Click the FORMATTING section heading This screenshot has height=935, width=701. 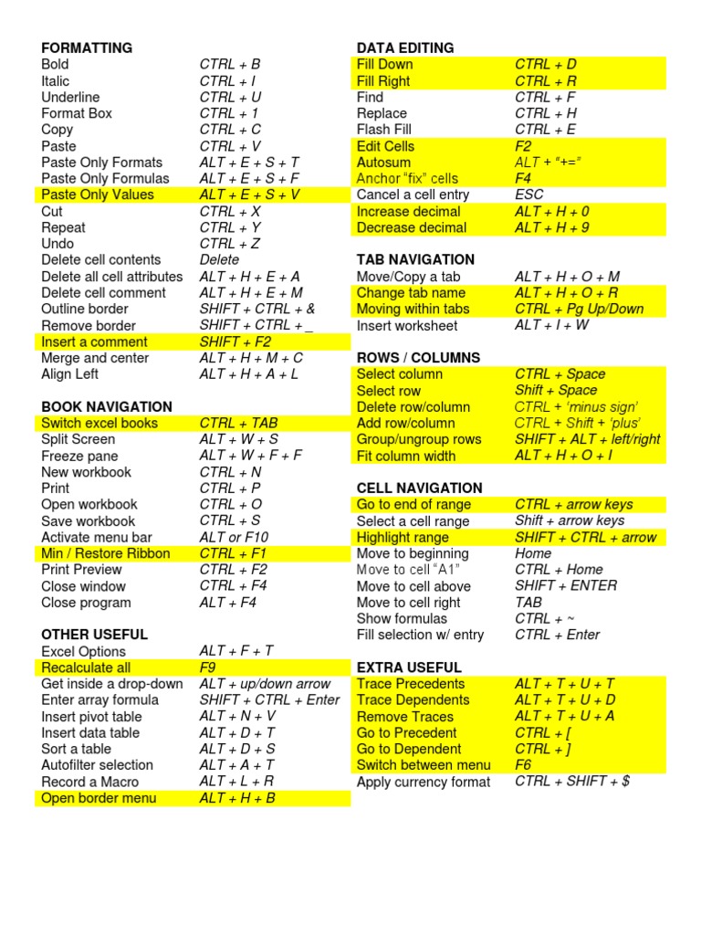tap(87, 47)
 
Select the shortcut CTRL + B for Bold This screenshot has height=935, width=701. tap(230, 64)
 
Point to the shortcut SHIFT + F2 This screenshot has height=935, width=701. tap(235, 341)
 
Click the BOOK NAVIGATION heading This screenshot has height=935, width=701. tap(107, 406)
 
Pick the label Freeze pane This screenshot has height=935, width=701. tap(79, 456)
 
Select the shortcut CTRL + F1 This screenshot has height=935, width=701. tap(234, 553)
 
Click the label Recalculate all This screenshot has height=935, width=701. tap(86, 667)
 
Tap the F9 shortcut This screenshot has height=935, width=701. tap(209, 667)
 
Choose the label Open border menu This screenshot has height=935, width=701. tap(99, 798)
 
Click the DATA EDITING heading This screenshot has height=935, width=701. tap(405, 47)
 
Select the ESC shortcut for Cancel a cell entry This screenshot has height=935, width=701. tap(528, 194)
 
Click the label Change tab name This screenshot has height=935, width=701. tap(411, 292)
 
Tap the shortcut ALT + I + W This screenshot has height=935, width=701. tap(552, 325)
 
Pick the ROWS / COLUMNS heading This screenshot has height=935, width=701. tap(418, 357)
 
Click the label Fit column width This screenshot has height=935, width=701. tap(406, 456)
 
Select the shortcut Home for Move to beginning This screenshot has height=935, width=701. tap(533, 553)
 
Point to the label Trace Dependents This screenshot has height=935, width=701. tap(413, 699)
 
